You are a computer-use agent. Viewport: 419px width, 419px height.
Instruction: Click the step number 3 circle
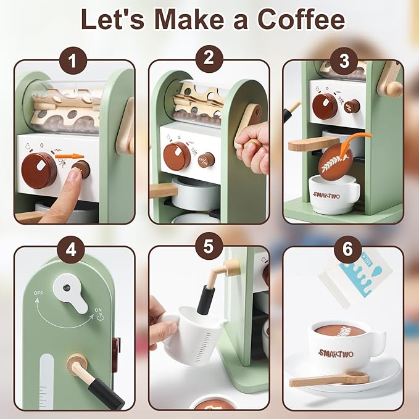click(343, 60)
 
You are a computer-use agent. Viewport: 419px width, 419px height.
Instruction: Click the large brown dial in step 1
click(39, 169)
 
